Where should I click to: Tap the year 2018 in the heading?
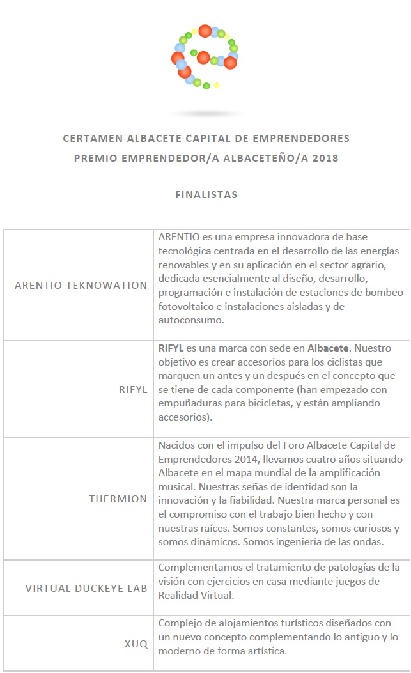pos(325,158)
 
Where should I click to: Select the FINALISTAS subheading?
pos(206,195)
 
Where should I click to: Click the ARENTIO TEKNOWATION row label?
pos(81,285)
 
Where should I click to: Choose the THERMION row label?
pos(118,499)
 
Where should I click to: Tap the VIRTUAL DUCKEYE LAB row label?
pos(86,588)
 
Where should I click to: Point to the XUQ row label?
pos(136,644)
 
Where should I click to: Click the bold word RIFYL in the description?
pos(171,348)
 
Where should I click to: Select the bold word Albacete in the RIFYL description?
pos(329,348)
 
